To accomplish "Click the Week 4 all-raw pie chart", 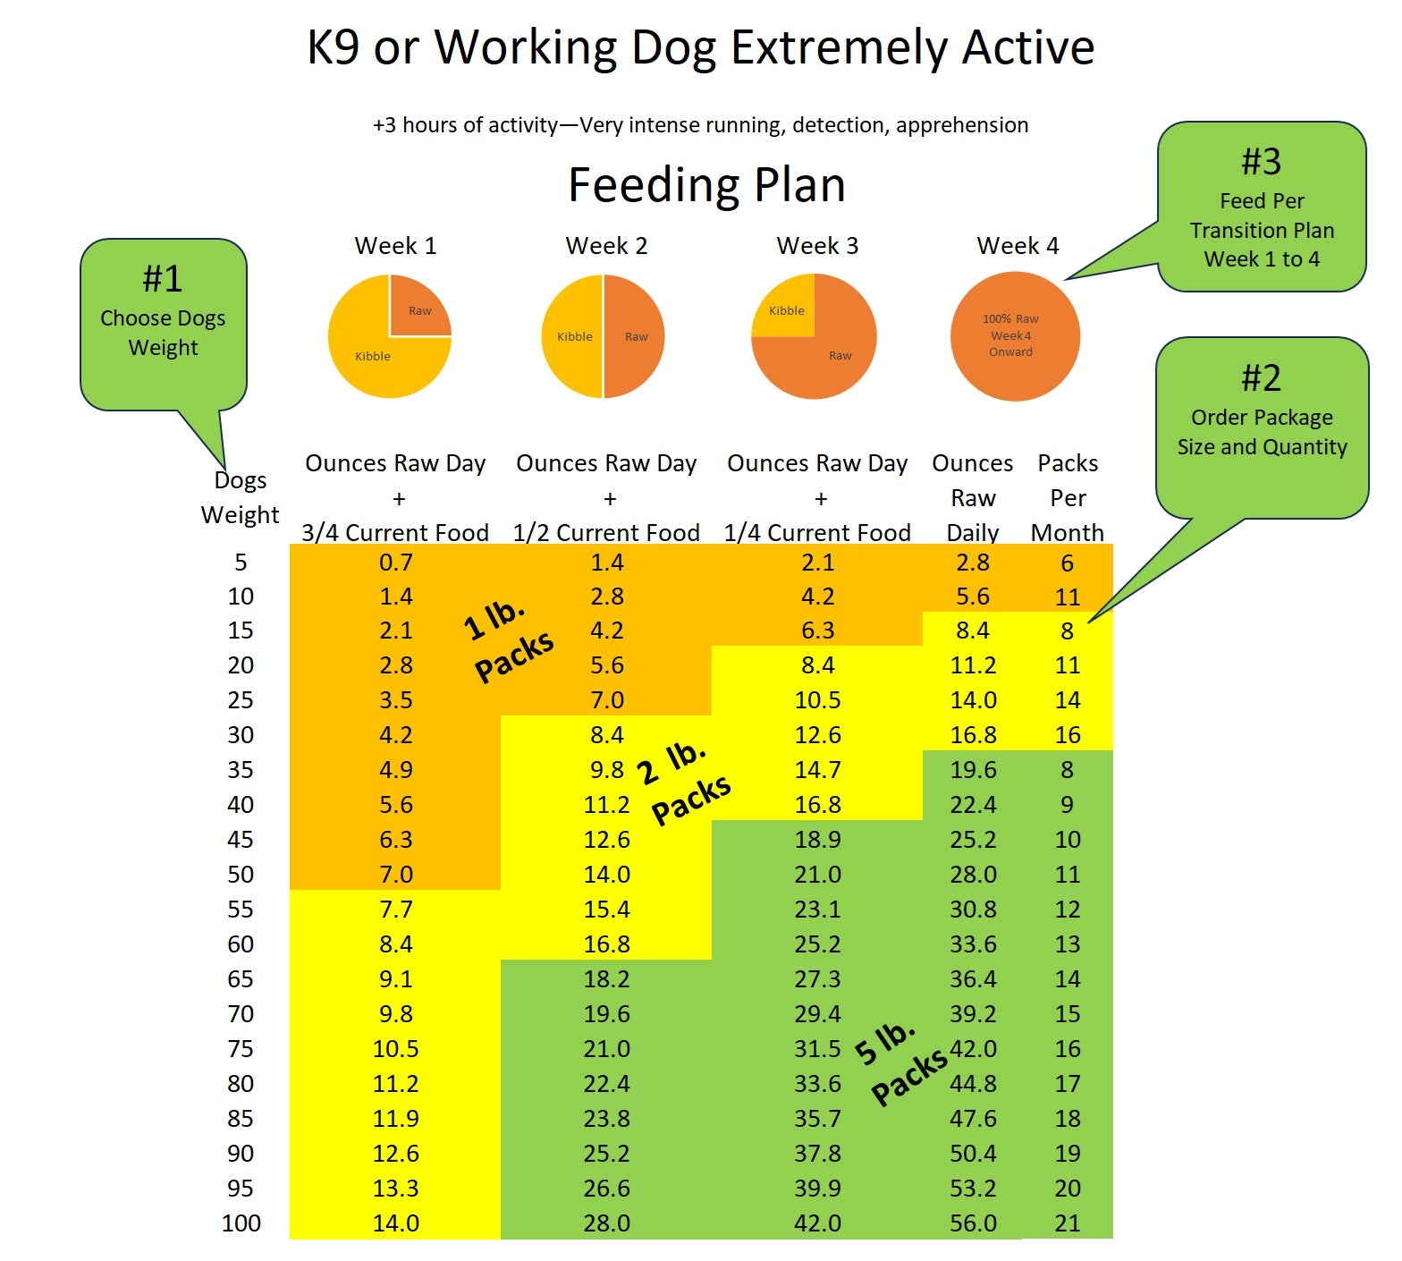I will [1015, 336].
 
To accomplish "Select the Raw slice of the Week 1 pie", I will [418, 307].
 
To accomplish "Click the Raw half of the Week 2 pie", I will [634, 336].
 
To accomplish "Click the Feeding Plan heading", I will [706, 185].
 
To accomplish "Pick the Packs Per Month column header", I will [1068, 497].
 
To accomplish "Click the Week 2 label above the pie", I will [606, 245].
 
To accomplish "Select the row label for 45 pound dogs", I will [240, 839].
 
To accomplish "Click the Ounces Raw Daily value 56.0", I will [972, 1223].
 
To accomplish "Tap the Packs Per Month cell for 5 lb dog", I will [1067, 563].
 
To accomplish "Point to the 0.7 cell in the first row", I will [395, 563].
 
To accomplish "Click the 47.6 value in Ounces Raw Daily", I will [972, 1118].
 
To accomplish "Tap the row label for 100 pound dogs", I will [241, 1223].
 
